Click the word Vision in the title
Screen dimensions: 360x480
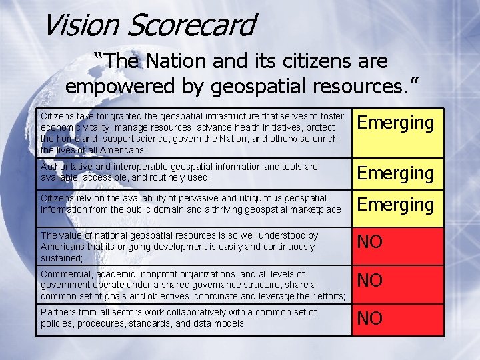(x=80, y=25)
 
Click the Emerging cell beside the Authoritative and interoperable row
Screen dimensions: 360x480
(x=396, y=173)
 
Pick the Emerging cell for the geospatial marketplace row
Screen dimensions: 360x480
(x=396, y=205)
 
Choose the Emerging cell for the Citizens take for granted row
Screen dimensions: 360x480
(x=396, y=123)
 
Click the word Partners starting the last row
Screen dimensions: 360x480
(x=59, y=312)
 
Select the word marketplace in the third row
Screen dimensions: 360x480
(x=315, y=209)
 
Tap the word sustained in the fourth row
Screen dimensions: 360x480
(x=61, y=257)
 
